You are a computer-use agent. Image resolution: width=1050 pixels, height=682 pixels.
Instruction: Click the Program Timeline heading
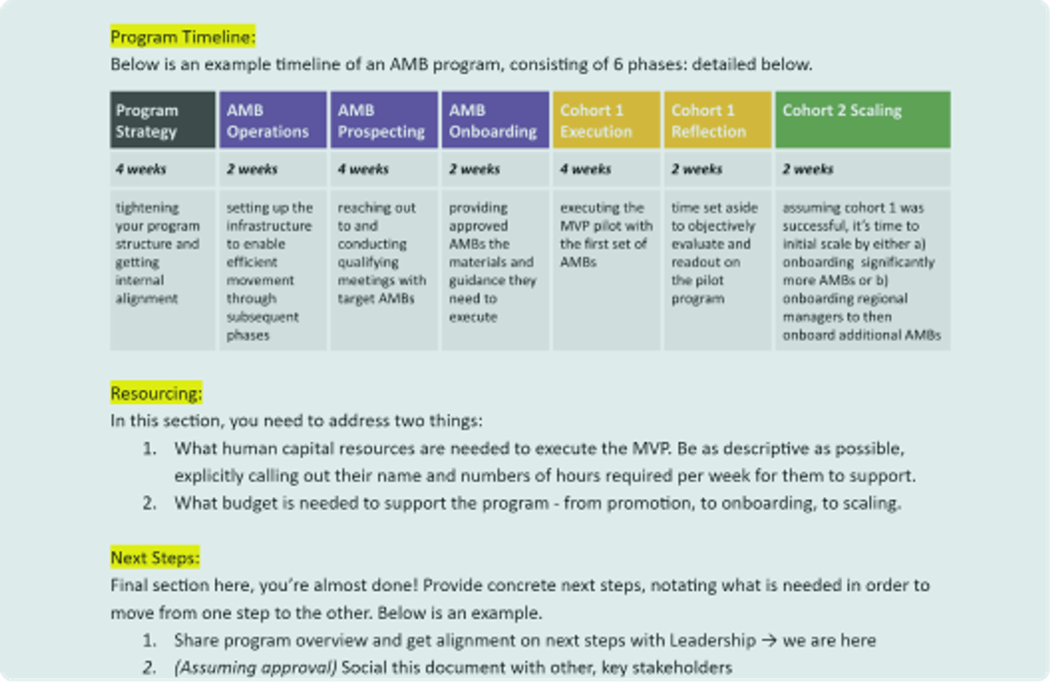tap(183, 36)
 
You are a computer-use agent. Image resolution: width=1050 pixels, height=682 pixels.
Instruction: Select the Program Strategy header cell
tap(162, 120)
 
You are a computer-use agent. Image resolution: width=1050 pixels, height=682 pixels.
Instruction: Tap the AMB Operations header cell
tap(272, 120)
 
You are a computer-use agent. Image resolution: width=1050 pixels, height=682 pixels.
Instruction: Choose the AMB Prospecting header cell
tap(384, 120)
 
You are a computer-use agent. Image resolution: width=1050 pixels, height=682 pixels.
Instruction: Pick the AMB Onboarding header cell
tap(495, 120)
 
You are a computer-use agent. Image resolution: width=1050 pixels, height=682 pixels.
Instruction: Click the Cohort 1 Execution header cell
tap(606, 120)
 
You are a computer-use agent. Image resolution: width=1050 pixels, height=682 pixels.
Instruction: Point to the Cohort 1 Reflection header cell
tap(717, 120)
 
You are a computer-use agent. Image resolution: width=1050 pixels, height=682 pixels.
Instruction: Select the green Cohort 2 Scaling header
tap(862, 120)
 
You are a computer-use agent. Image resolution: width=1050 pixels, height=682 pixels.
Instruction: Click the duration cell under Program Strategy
tap(162, 169)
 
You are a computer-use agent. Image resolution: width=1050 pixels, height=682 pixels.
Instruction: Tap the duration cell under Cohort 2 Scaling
tap(862, 169)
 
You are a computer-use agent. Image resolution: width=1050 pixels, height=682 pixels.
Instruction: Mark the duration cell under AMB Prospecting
tap(384, 169)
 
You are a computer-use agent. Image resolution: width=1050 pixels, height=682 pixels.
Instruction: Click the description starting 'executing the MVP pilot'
tap(606, 235)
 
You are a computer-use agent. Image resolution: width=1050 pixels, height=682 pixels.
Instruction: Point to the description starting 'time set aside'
tap(715, 253)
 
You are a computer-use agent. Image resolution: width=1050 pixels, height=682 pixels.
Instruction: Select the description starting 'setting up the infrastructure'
tap(269, 271)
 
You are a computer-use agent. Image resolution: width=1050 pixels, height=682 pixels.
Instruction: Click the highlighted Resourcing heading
tap(156, 394)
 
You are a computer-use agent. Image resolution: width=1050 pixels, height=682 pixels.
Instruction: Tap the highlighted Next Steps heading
tap(155, 558)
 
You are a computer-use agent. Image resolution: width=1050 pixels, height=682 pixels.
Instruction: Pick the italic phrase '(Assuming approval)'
tap(255, 668)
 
